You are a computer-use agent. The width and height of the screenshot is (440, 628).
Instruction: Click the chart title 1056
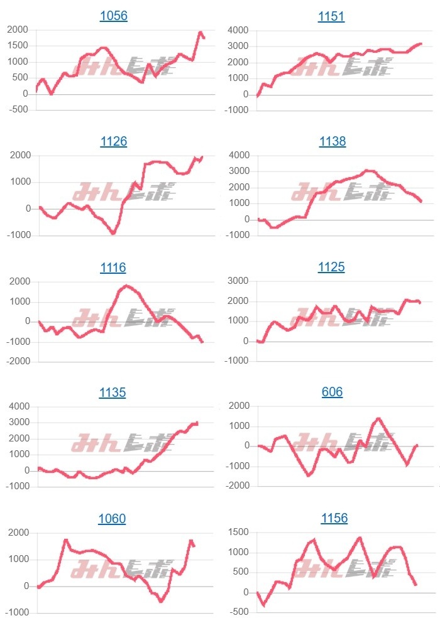(x=114, y=16)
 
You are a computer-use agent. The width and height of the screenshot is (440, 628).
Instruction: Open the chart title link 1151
(x=331, y=16)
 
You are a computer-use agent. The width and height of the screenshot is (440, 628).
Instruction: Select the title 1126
(x=114, y=141)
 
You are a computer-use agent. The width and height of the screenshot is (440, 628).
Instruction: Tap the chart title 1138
(x=331, y=141)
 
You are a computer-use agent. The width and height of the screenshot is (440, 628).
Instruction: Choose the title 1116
(x=113, y=268)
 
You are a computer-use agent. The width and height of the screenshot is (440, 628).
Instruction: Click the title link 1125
(x=331, y=267)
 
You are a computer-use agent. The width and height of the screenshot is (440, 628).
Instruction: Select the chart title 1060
(x=112, y=519)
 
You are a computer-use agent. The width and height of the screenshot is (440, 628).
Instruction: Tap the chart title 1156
(x=334, y=518)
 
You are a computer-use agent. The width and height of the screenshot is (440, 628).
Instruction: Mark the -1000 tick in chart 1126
(x=19, y=235)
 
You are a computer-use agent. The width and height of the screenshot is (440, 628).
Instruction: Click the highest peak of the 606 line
(x=378, y=418)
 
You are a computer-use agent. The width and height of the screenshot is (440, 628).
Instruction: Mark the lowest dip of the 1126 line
(x=113, y=234)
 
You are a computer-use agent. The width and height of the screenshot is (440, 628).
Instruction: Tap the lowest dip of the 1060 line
(x=161, y=601)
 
